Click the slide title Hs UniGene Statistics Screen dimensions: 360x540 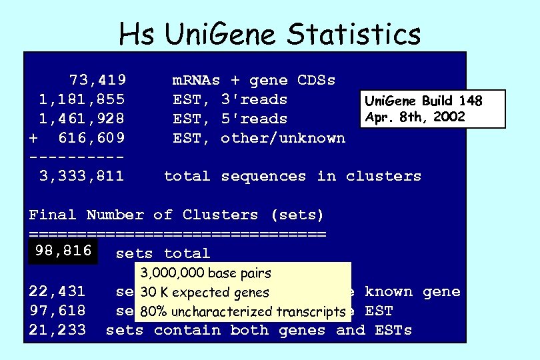click(x=269, y=33)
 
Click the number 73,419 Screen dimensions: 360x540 click(x=98, y=81)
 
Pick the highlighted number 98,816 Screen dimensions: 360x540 click(x=63, y=252)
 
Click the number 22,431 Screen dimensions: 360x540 click(x=57, y=291)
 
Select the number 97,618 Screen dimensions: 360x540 click(x=57, y=311)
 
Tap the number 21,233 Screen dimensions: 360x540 click(x=57, y=330)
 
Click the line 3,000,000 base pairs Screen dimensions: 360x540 click(x=206, y=273)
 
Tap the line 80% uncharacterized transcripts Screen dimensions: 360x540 click(x=243, y=312)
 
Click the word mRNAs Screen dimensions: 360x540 click(x=196, y=81)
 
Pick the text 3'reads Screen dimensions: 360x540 click(x=254, y=100)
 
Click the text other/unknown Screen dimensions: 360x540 click(x=283, y=139)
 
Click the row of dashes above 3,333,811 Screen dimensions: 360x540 click(x=77, y=157)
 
